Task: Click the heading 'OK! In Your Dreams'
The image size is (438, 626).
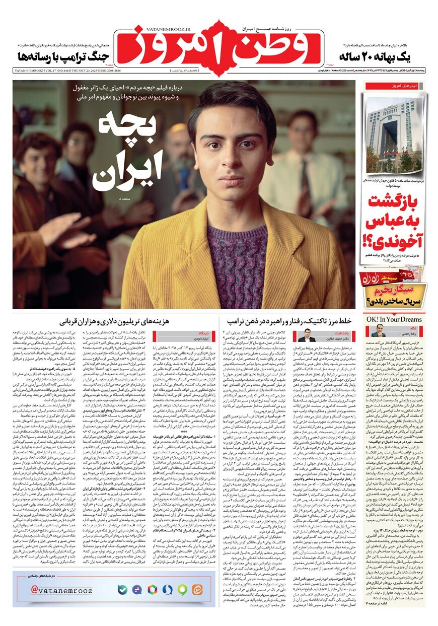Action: [x=394, y=319]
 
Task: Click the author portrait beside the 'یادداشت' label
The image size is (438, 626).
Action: [x=307, y=335]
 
